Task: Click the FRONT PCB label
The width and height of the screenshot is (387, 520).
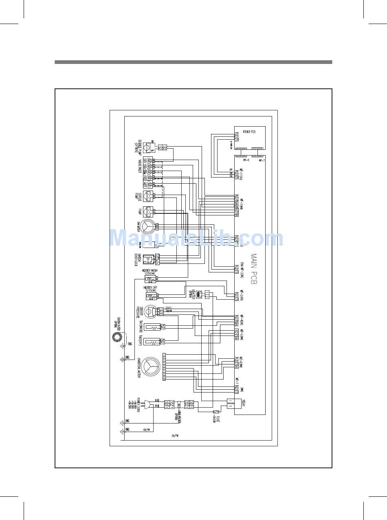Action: tap(249, 132)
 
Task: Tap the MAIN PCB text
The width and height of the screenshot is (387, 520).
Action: tap(254, 270)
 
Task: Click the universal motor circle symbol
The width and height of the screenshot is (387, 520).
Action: tap(151, 365)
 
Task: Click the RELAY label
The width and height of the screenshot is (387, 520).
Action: tap(243, 404)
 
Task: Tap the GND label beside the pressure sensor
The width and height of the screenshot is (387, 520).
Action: tap(169, 308)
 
